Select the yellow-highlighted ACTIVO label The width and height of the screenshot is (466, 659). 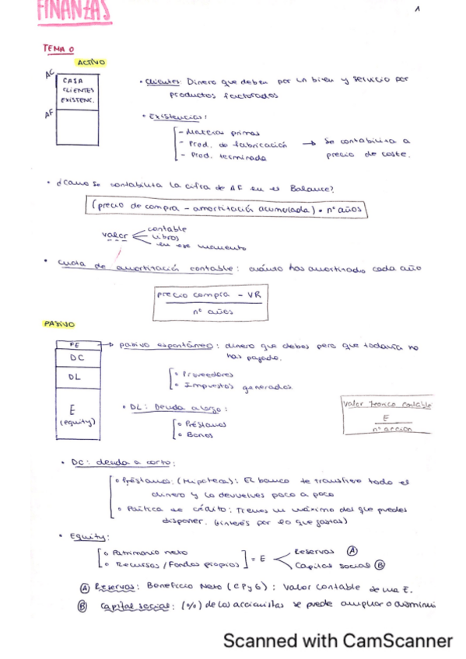point(91,62)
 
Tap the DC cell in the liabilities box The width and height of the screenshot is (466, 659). point(77,358)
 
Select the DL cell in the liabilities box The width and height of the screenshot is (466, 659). point(76,377)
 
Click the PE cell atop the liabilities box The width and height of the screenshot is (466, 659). point(75,344)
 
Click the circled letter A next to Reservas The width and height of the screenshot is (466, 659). point(352,549)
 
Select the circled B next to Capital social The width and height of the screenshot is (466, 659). point(380,565)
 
